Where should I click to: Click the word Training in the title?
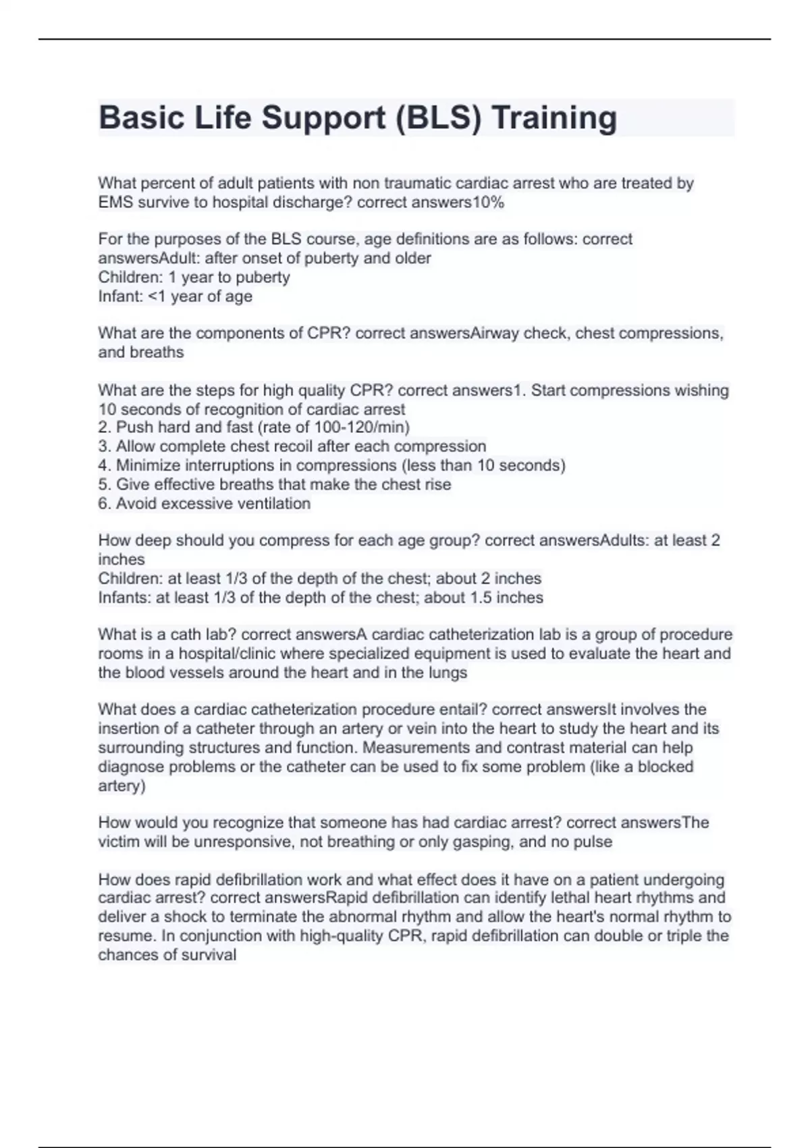pyautogui.click(x=553, y=118)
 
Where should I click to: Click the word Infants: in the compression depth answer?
pyautogui.click(x=124, y=598)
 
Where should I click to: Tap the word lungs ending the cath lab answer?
pyautogui.click(x=448, y=673)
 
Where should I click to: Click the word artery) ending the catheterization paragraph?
pyautogui.click(x=122, y=786)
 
